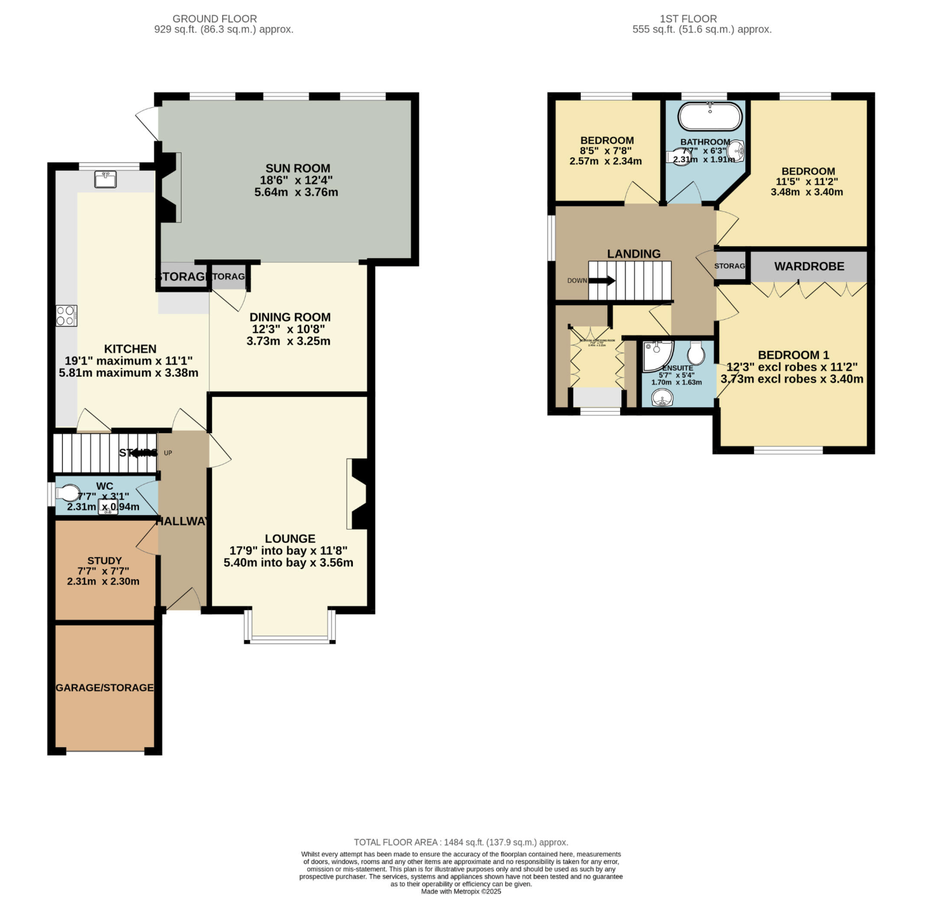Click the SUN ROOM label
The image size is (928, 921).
[x=298, y=169]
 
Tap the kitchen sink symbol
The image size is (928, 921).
[x=105, y=180]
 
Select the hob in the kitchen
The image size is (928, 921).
[x=66, y=316]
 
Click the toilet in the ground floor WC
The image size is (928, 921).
[x=68, y=493]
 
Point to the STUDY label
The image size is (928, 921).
[x=105, y=561]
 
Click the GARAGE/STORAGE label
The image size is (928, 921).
[x=105, y=688]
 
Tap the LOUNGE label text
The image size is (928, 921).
[x=290, y=539]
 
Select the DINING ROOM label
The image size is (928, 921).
[x=290, y=317]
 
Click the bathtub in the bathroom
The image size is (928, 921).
[x=710, y=117]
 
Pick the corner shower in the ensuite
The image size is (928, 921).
[x=656, y=356]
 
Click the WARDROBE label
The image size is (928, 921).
[x=809, y=266]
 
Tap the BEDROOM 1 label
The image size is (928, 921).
[x=793, y=355]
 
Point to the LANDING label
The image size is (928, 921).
[x=633, y=254]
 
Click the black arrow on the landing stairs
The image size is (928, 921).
[x=602, y=280]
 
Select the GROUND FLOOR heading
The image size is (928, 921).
[x=215, y=19]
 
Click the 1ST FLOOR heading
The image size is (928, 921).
[x=688, y=19]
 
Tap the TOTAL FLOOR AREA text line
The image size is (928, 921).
[x=461, y=842]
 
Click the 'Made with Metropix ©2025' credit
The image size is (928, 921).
[x=461, y=891]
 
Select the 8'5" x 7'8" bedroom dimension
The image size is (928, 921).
[x=606, y=151]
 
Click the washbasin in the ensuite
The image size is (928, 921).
[x=661, y=397]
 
